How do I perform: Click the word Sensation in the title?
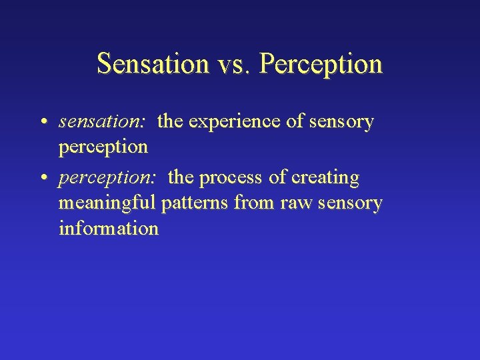click(x=153, y=64)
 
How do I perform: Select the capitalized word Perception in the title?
click(x=321, y=64)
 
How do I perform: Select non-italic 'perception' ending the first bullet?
click(x=103, y=147)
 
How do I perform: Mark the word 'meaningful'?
click(x=107, y=203)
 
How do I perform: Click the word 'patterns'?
click(x=195, y=203)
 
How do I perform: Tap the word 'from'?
click(x=256, y=203)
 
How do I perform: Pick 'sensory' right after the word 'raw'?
click(x=348, y=203)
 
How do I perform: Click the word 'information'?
click(x=109, y=228)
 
